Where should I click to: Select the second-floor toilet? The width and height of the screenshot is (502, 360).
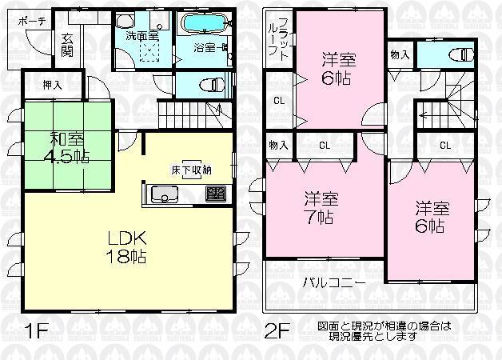click(x=457, y=56)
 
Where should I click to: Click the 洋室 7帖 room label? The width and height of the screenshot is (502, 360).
click(x=318, y=207)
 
